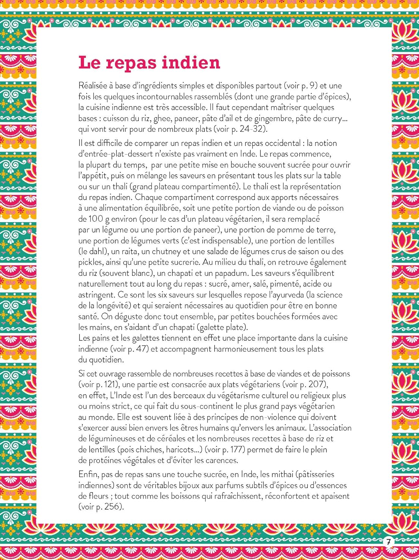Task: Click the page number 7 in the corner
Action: point(388,542)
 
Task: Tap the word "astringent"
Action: point(96,295)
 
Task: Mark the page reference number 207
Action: point(318,384)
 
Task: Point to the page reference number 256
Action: point(113,507)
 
